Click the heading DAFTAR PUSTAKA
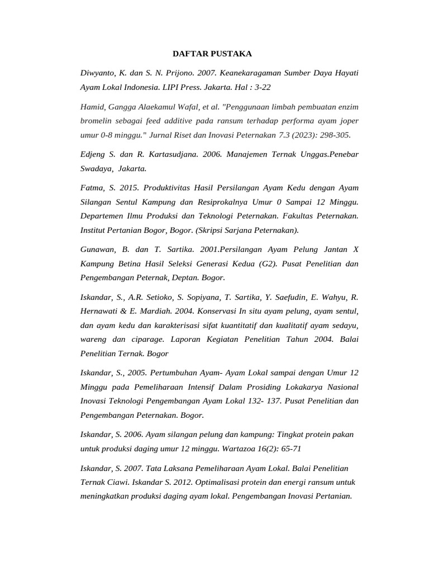pos(212,54)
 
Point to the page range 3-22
pos(259,88)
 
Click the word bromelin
pos(97,121)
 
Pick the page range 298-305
pos(334,135)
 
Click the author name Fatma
pos(92,187)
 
